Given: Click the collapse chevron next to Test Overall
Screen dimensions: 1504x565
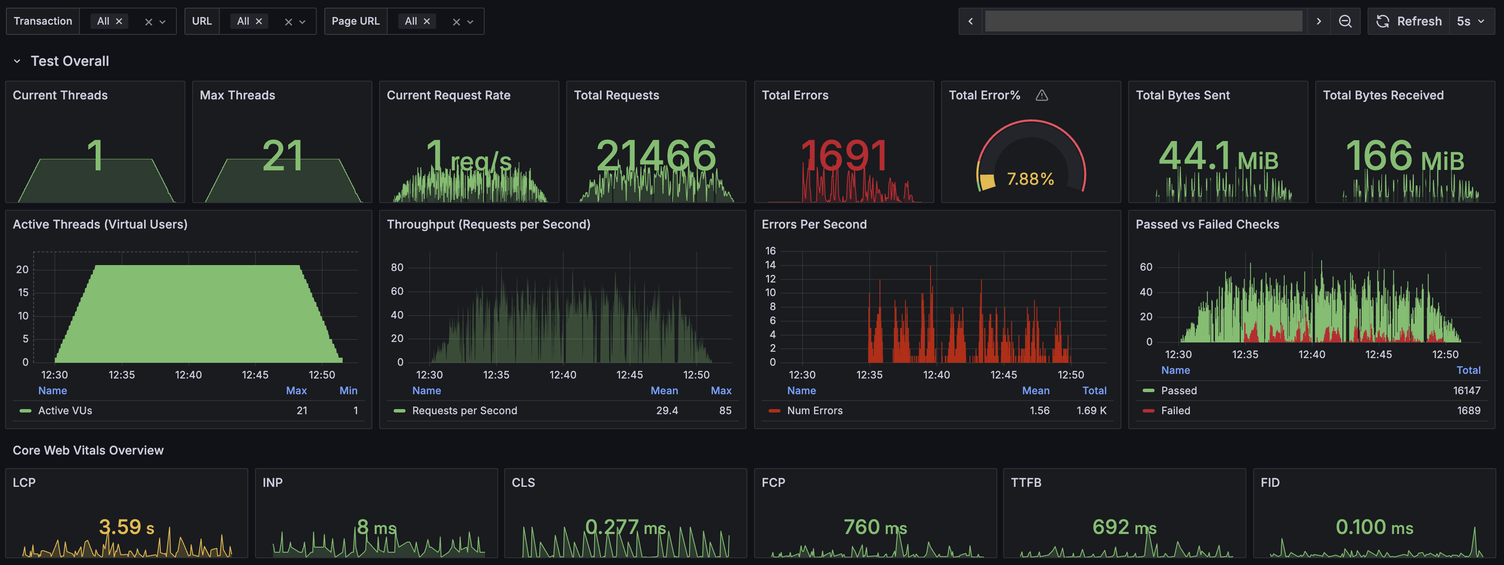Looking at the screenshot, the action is click(x=17, y=61).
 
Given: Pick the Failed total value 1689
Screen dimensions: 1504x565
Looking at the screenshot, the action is click(x=1468, y=411).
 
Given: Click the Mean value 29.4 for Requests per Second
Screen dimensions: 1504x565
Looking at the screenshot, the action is click(x=667, y=411).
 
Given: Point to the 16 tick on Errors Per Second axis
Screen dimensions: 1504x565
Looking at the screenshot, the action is click(x=770, y=251).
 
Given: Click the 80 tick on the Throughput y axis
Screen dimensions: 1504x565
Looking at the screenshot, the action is click(x=397, y=267).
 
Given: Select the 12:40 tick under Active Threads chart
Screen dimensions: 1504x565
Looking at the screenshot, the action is click(x=188, y=375).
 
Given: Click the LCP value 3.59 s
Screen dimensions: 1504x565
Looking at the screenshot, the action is click(x=127, y=527).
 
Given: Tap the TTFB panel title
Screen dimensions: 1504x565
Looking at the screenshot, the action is click(x=1026, y=483).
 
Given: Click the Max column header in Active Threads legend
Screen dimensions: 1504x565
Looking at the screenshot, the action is click(x=296, y=390).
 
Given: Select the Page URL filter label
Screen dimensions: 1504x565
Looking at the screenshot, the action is click(x=355, y=21).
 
